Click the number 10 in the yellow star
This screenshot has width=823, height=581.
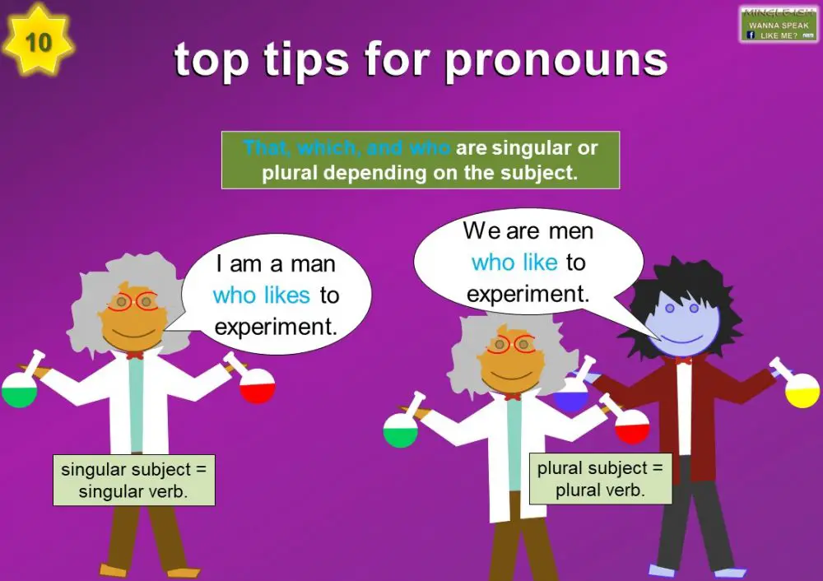39,42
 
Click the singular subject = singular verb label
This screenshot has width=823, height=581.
133,481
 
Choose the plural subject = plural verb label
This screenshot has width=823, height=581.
600,479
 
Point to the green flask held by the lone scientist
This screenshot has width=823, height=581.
20,390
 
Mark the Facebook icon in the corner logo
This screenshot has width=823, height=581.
751,36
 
